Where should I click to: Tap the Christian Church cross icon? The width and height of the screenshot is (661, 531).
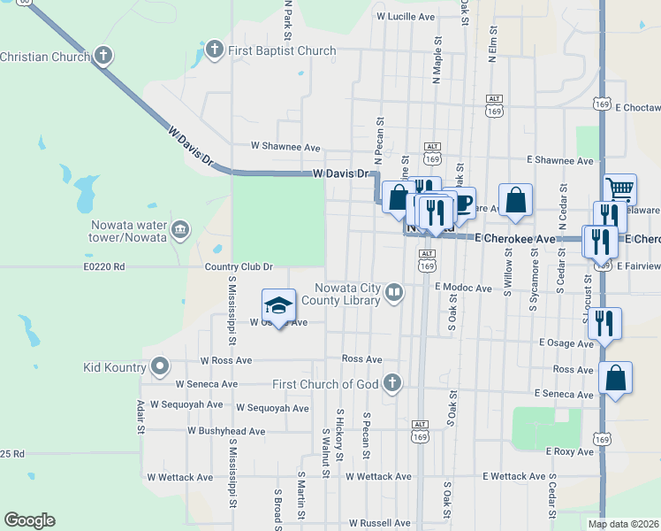[x=103, y=57]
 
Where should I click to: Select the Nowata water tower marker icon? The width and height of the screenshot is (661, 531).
[x=180, y=230]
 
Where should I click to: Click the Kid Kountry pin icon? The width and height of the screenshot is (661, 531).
[x=160, y=365]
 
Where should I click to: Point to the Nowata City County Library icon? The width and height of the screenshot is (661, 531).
[x=394, y=292]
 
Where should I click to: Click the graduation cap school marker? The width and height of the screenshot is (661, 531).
[x=278, y=306]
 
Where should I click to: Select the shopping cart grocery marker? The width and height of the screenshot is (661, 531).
[x=620, y=189]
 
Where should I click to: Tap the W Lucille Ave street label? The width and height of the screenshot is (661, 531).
[x=406, y=17]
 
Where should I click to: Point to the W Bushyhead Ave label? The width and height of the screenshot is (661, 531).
[x=226, y=431]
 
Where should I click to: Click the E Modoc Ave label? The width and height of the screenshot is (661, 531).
[x=463, y=288]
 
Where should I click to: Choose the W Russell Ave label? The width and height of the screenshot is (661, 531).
[x=380, y=523]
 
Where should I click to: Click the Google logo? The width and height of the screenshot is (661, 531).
[x=29, y=520]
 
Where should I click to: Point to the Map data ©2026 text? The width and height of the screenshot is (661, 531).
[x=624, y=524]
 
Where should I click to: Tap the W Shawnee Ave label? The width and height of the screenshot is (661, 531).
[x=285, y=146]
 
